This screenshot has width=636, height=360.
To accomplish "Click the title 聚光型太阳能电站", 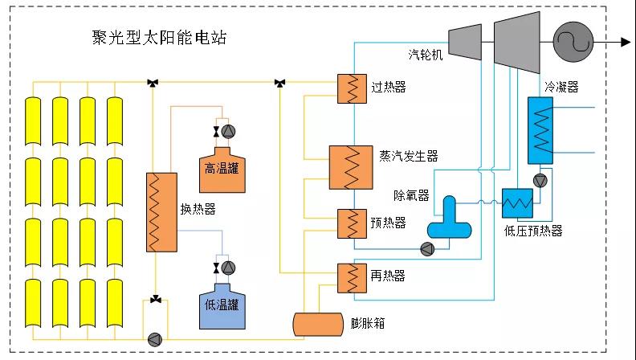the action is (159, 38).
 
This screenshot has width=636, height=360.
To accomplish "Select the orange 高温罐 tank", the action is (222, 170).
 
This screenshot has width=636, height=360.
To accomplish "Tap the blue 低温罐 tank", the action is (222, 306).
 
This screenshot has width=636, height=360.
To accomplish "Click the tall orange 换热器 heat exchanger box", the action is (161, 212).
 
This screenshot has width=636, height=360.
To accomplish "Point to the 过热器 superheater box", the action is (352, 88).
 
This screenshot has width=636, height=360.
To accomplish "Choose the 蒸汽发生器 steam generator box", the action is (351, 167).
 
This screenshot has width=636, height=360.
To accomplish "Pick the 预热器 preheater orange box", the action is (352, 223).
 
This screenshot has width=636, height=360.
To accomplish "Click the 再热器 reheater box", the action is (352, 278).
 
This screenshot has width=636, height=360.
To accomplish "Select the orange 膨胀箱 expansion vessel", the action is (319, 325).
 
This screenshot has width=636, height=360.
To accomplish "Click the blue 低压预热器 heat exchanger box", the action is (518, 203).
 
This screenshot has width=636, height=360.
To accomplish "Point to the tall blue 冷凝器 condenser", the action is (540, 130).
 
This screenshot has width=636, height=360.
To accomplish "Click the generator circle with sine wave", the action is (573, 42).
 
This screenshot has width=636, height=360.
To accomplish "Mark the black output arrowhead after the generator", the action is (626, 42).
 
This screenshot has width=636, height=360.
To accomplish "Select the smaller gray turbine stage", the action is (465, 42).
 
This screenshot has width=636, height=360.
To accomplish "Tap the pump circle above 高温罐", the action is (228, 132).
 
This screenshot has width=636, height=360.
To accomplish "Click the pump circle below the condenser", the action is (540, 181).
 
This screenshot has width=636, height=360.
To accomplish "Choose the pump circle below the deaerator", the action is (427, 249).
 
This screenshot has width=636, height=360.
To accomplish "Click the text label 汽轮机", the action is (425, 55).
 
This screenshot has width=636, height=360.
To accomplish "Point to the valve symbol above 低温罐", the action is (216, 268).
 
